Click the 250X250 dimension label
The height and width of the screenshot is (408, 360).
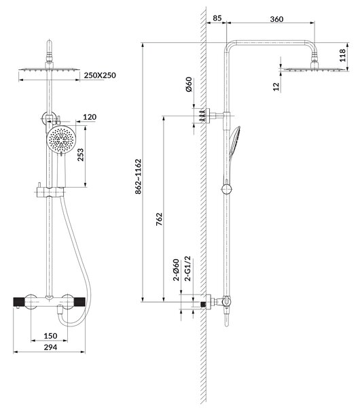pyautogui.click(x=100, y=75)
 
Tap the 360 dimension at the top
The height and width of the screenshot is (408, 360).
pyautogui.click(x=276, y=19)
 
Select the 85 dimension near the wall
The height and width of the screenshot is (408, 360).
pyautogui.click(x=217, y=18)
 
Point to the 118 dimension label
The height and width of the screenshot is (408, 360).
pyautogui.click(x=342, y=56)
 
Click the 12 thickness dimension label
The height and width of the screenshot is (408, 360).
pyautogui.click(x=276, y=86)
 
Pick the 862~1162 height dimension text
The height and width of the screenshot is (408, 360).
pyautogui.click(x=138, y=176)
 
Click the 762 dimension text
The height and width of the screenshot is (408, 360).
pyautogui.click(x=159, y=219)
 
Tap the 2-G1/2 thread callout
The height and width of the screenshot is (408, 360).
pyautogui.click(x=187, y=269)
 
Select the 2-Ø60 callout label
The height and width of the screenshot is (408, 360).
pyautogui.click(x=176, y=270)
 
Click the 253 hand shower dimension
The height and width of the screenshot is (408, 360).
pyautogui.click(x=81, y=154)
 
